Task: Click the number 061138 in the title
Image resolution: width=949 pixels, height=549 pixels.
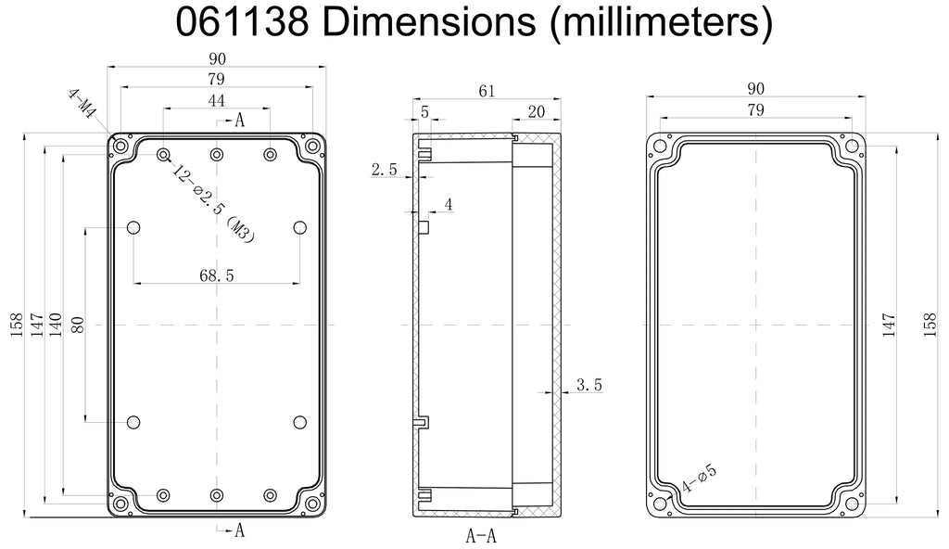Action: click(242, 21)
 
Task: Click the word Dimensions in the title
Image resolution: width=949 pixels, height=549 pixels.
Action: click(429, 21)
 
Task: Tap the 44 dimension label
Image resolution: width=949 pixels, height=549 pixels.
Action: click(216, 100)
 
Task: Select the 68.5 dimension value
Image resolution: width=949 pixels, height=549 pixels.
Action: click(217, 275)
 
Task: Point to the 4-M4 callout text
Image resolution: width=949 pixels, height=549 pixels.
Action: click(82, 103)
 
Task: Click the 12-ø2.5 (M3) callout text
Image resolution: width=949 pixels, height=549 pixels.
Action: click(213, 204)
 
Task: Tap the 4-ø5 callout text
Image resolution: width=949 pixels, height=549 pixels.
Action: click(699, 479)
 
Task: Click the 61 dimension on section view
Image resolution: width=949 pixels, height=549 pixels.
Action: click(487, 91)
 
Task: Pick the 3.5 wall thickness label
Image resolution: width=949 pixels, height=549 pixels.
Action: click(588, 385)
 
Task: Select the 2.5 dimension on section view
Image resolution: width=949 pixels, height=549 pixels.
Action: click(384, 170)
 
